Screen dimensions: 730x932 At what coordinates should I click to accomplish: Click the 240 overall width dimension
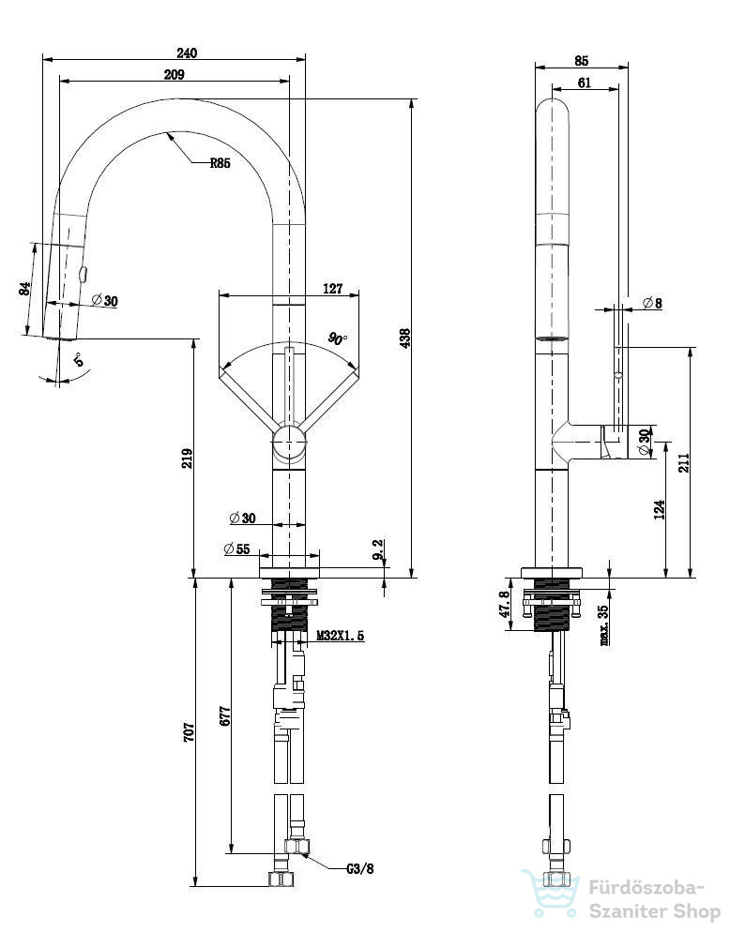click(x=186, y=53)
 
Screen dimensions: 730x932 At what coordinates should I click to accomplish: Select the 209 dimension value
click(x=174, y=74)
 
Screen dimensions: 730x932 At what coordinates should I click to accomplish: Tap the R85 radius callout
click(x=220, y=163)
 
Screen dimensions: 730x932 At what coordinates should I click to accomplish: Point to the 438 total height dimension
click(x=404, y=338)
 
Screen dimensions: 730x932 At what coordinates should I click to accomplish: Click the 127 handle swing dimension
click(x=332, y=288)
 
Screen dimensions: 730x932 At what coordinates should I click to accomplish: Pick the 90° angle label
click(x=338, y=338)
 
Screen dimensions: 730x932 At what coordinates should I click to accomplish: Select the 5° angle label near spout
click(x=79, y=359)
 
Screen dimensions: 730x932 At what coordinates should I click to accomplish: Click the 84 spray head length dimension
click(x=25, y=289)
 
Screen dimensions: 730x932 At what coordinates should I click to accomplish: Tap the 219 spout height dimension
click(x=187, y=458)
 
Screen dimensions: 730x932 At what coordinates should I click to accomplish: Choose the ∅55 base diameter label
click(x=236, y=549)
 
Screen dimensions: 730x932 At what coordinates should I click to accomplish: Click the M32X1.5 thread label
click(x=340, y=636)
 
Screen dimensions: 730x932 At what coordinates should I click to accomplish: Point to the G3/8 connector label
click(x=360, y=868)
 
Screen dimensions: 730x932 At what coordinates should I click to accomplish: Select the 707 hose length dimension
click(x=188, y=731)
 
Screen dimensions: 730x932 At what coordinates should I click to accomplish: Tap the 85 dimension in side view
click(x=582, y=61)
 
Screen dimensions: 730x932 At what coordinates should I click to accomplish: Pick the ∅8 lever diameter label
click(x=652, y=303)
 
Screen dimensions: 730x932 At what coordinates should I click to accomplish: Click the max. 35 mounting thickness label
click(x=603, y=625)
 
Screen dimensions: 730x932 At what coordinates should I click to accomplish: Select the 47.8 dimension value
click(x=505, y=603)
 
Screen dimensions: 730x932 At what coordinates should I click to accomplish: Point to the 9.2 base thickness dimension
click(x=378, y=549)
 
